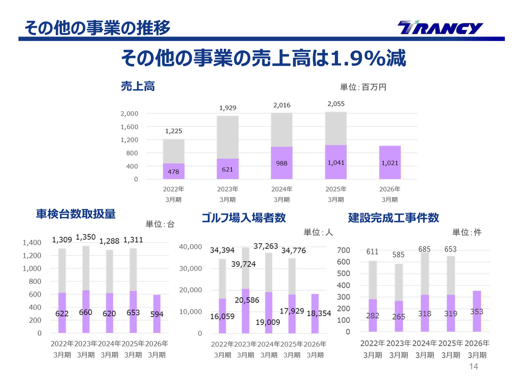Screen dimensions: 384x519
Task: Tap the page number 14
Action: coord(474,367)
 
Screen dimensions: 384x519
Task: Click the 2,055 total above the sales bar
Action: coord(336,104)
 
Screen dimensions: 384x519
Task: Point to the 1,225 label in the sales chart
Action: coord(174,131)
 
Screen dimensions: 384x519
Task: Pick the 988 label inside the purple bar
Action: coord(282,163)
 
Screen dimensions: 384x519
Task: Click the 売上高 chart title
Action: coord(138,86)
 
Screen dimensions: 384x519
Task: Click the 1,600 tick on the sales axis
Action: coord(129,127)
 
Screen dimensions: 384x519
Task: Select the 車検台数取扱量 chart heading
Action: coord(76,214)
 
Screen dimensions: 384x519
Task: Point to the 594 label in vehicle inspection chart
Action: coord(157,314)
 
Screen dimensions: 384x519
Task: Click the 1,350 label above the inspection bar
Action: coord(86,237)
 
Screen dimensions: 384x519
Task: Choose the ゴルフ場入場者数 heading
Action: coord(244,218)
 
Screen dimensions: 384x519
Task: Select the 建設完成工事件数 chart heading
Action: coord(393,218)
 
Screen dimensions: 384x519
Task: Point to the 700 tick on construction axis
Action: coord(343,251)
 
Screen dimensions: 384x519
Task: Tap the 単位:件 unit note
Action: coord(467,232)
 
